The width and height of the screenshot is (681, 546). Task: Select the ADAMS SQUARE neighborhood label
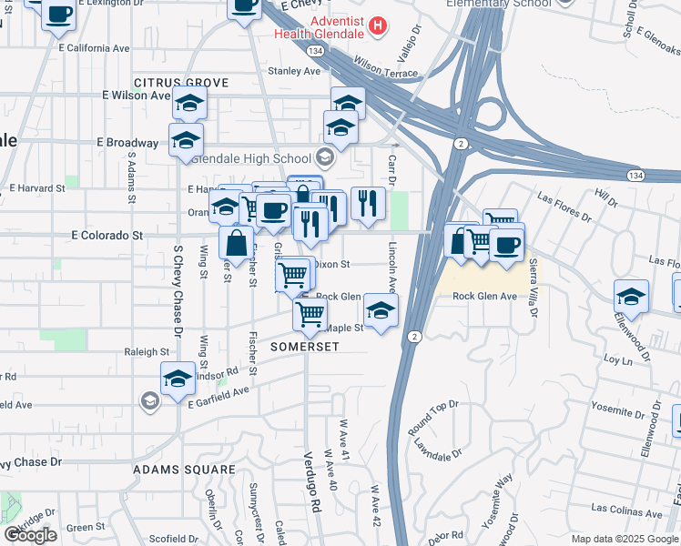pos(184,470)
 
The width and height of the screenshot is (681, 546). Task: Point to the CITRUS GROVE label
pos(181,83)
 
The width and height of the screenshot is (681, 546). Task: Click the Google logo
pos(30,534)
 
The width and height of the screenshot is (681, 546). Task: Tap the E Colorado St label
pos(107,235)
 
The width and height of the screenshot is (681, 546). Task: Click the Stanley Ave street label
pos(294,71)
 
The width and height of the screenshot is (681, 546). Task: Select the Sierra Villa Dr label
pos(533,287)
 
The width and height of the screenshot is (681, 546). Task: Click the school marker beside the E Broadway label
pos(185,140)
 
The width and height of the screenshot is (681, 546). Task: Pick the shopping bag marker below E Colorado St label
pos(236,243)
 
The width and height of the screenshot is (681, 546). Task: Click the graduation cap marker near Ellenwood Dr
pos(631,296)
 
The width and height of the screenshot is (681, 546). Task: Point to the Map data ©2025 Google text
pos(623,539)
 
